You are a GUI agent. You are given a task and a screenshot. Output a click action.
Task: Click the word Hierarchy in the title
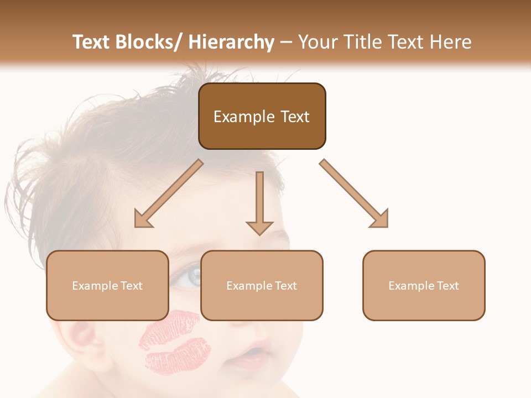231,42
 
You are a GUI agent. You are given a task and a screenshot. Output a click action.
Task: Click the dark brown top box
262,116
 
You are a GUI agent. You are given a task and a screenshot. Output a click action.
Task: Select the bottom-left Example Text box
107,285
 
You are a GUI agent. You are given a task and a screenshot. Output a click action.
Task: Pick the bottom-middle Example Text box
262,285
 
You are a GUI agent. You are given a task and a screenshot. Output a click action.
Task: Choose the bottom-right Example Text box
424,285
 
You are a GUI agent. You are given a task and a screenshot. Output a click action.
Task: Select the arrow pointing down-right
355,193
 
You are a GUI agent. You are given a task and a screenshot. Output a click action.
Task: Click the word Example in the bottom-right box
409,286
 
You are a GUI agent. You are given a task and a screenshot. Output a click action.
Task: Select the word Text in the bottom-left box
131,286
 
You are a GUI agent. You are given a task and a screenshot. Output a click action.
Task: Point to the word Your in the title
317,42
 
